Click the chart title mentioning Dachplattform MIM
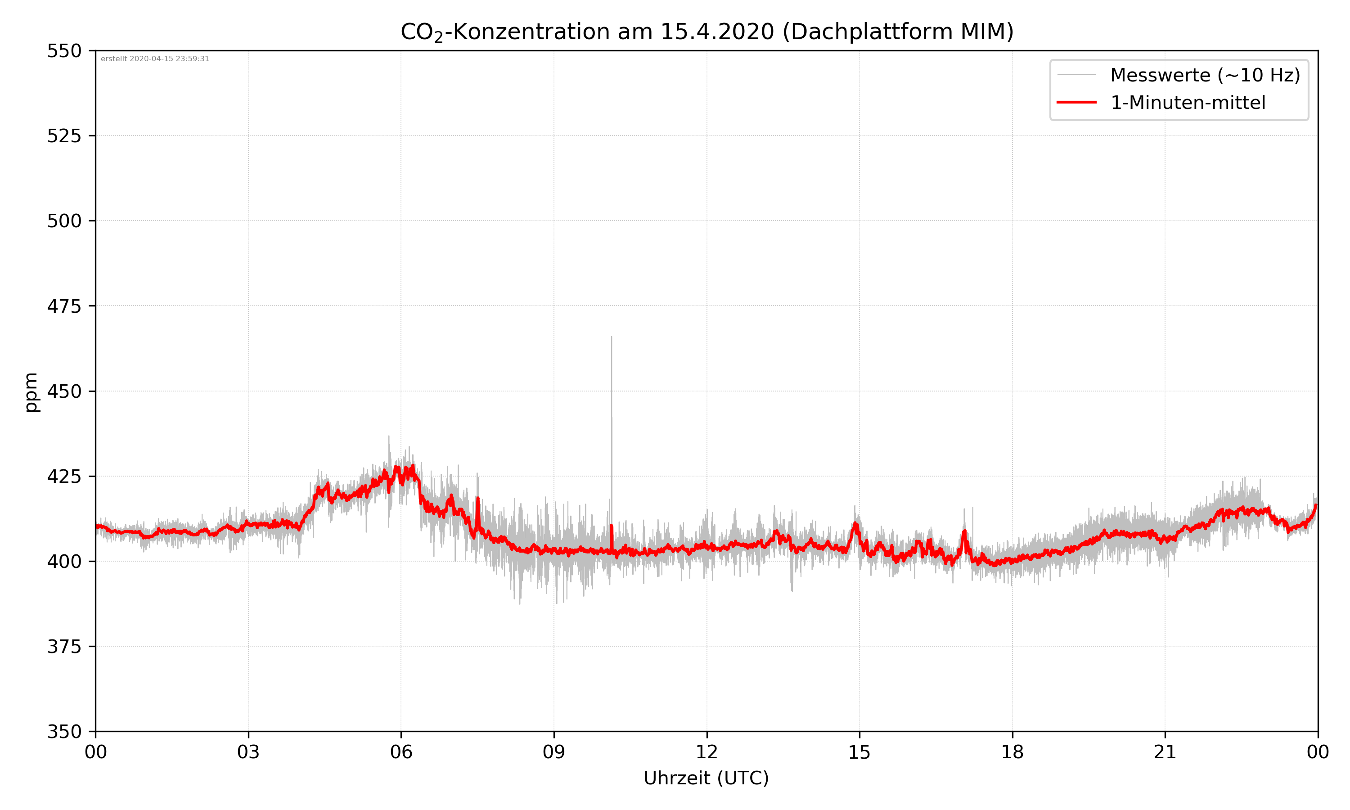706,31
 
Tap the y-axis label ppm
31,392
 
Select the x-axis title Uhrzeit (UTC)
706,778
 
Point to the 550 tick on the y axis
64,51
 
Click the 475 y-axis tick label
64,306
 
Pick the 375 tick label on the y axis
64,647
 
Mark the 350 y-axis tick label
64,732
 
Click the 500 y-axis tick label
64,221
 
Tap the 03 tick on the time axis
248,752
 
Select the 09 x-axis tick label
554,752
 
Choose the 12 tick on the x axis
706,752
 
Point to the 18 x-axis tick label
1012,752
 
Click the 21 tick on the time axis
1165,752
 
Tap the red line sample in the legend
1076,102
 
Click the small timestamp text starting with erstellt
155,59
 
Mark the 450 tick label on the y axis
64,391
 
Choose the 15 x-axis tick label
859,752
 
